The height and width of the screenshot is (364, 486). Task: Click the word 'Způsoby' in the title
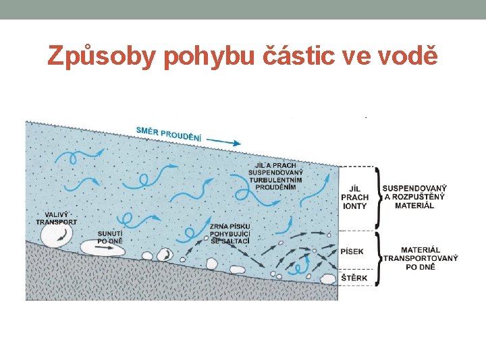pos(101,56)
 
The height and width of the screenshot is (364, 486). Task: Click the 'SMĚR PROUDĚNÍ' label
pos(168,134)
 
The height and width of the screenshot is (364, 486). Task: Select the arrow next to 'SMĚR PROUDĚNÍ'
pos(223,142)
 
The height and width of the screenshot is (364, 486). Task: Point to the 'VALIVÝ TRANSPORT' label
pos(56,218)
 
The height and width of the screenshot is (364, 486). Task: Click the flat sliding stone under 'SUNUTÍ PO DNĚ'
pos(103,247)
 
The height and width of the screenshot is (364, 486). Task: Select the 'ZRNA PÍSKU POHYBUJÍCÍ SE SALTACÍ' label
pos(230,233)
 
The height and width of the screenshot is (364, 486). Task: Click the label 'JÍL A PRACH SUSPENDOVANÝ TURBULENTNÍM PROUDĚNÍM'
pos(276,176)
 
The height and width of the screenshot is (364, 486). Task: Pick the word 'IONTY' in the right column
pos(354,206)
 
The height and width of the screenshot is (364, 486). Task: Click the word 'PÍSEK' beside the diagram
pos(352,251)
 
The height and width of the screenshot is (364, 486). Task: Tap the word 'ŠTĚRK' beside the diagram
pos(352,278)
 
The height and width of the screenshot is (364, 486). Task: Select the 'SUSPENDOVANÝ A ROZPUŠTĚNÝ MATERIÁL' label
pos(414,196)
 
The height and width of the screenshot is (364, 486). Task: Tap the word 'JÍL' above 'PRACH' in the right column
pos(354,189)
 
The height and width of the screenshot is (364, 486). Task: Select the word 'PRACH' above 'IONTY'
pos(354,198)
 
